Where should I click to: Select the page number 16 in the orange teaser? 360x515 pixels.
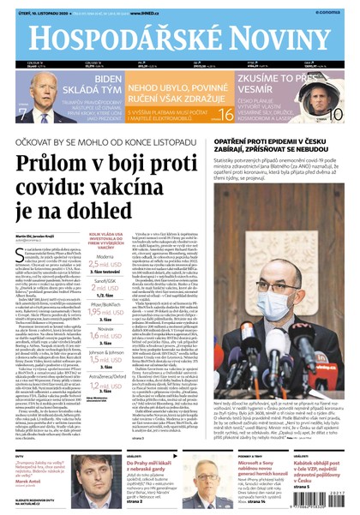(x=225, y=115)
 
